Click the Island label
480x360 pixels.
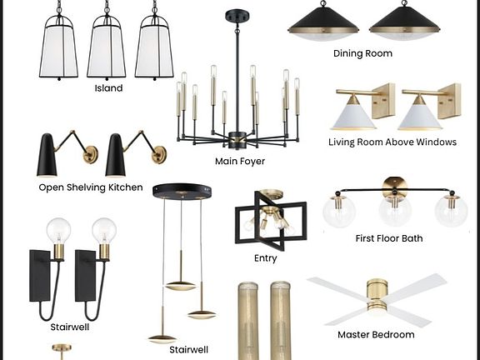(x=108, y=88)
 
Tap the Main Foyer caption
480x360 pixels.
(x=240, y=162)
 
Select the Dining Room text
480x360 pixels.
(x=362, y=53)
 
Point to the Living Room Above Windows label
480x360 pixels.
(x=392, y=142)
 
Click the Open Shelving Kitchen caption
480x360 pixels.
(x=91, y=187)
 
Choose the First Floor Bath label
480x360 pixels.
(x=389, y=238)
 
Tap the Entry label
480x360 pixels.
(x=265, y=258)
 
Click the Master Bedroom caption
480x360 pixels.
(x=376, y=335)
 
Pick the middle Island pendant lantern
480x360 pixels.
(x=107, y=46)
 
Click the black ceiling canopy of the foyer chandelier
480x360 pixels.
(x=237, y=16)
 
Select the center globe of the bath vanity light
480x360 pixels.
(x=395, y=211)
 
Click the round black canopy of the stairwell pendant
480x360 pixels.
(x=182, y=191)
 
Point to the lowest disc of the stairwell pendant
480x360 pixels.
(x=162, y=339)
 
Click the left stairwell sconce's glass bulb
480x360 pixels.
(x=58, y=230)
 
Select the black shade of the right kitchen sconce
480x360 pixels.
(x=115, y=155)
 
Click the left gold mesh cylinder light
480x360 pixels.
(x=247, y=321)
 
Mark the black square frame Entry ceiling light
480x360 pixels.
(x=271, y=220)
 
